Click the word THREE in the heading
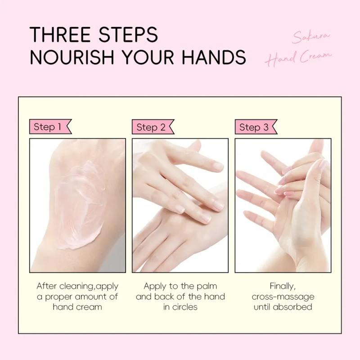(60, 35)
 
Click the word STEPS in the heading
(128, 35)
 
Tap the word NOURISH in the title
(72, 57)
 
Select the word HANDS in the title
(214, 57)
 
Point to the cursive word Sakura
(311, 37)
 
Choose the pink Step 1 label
(50, 127)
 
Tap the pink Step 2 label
(153, 127)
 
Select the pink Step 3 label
(256, 127)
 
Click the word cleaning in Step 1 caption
(76, 286)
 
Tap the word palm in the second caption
(207, 286)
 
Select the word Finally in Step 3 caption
(283, 287)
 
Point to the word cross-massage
(283, 297)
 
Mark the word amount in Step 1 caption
(91, 297)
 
